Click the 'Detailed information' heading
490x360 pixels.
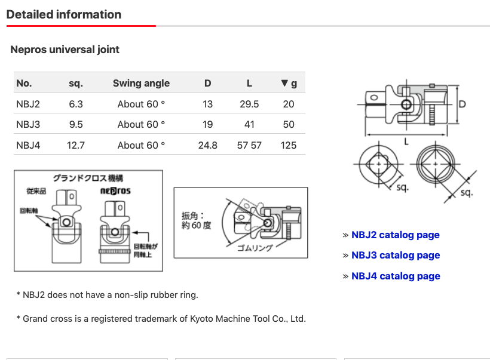(x=64, y=14)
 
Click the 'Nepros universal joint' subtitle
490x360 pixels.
(x=65, y=50)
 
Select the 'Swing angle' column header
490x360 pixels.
(x=141, y=83)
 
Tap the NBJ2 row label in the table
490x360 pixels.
(x=28, y=104)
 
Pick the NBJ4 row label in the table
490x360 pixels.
(x=28, y=145)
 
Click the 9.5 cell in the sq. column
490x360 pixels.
(x=76, y=124)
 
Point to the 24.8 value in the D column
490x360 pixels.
(x=208, y=145)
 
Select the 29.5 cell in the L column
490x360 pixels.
(x=249, y=104)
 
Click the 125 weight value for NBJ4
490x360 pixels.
(x=289, y=145)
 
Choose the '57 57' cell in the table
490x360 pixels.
(x=249, y=145)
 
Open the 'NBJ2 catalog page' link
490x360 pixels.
(x=396, y=235)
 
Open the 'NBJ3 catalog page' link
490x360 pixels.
(x=396, y=255)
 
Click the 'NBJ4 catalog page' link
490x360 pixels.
(x=396, y=276)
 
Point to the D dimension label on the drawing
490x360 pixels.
(x=462, y=104)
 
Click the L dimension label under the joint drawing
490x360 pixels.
(x=406, y=142)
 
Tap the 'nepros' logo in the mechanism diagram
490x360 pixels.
(x=115, y=191)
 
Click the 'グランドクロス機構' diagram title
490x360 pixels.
(x=88, y=178)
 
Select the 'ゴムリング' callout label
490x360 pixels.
(x=255, y=247)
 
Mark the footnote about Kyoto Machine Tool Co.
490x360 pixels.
(x=161, y=318)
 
